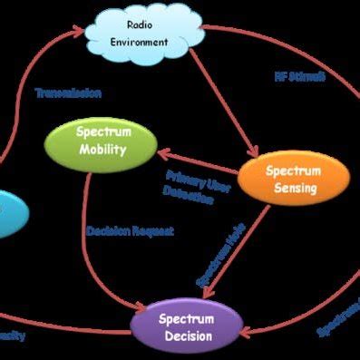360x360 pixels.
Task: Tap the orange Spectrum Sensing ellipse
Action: pos(292,179)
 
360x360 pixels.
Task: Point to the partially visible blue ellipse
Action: pos(7,213)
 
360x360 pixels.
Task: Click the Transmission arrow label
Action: pos(67,92)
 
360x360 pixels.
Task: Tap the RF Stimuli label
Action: pos(300,76)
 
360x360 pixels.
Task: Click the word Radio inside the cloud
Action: pos(143,24)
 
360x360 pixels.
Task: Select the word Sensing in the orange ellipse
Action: pos(294,188)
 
